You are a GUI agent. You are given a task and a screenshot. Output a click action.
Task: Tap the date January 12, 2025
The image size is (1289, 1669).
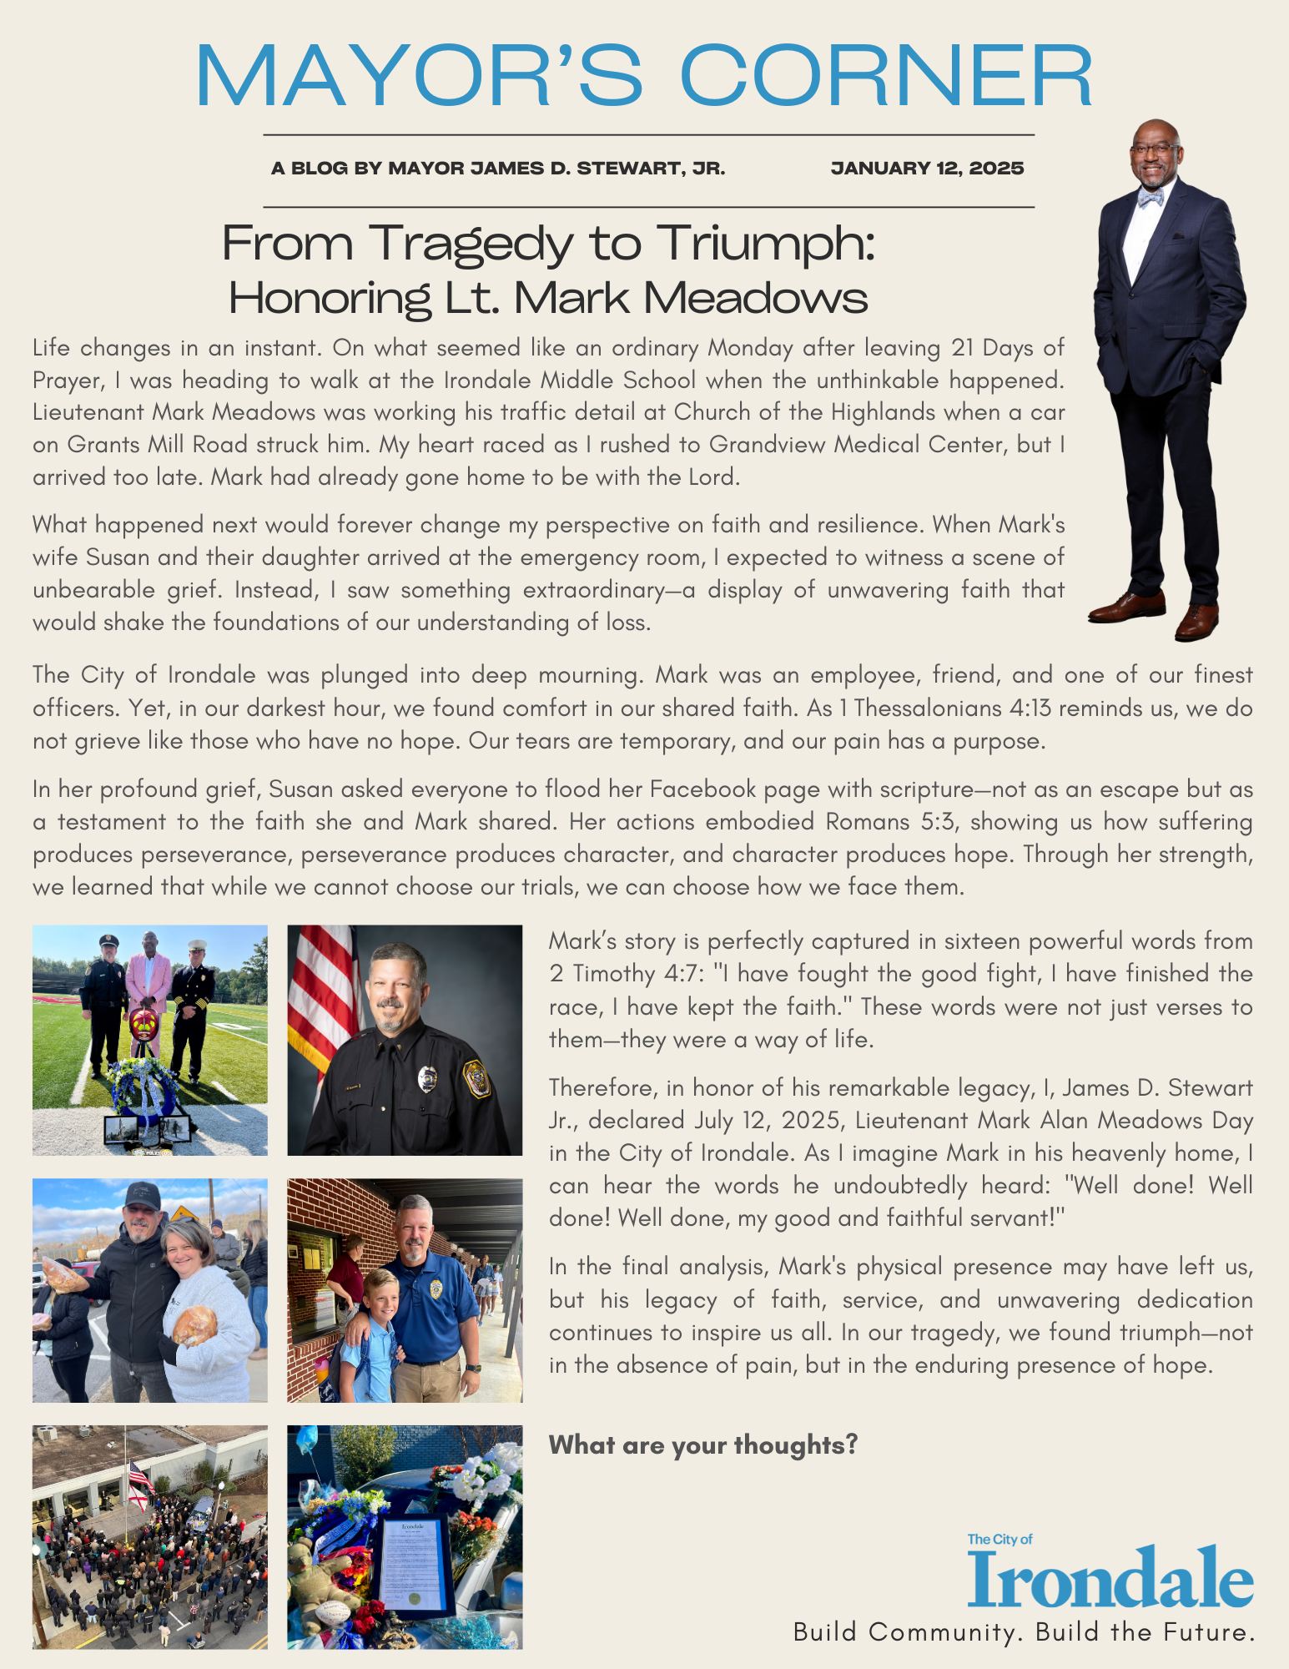click(927, 169)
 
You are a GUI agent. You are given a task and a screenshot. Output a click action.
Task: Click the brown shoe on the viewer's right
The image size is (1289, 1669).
click(1196, 622)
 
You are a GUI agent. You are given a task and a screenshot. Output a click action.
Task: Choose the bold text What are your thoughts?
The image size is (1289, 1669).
click(703, 1444)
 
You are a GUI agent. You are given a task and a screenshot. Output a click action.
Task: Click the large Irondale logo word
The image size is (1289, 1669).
click(1110, 1576)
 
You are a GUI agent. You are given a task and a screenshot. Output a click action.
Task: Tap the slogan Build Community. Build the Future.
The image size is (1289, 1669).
click(1024, 1632)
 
